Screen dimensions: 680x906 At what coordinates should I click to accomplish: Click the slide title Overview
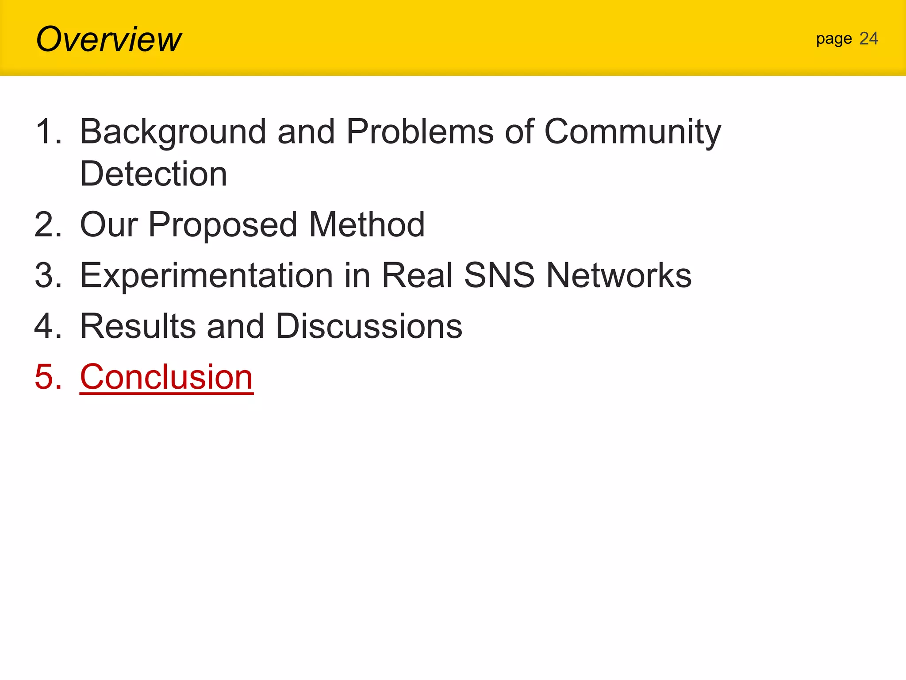point(108,39)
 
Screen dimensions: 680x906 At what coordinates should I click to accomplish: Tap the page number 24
point(868,39)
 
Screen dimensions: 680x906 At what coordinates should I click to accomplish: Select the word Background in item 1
point(173,132)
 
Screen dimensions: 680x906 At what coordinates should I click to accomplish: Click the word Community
point(633,132)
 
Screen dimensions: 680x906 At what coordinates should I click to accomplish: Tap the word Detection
point(153,174)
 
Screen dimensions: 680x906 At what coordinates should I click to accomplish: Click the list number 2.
point(47,224)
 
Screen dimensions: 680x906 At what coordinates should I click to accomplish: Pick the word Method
point(367,224)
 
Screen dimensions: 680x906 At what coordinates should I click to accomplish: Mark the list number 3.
point(47,275)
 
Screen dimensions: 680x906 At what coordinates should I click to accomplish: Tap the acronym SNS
point(499,275)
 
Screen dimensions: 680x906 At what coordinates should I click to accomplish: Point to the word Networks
point(618,275)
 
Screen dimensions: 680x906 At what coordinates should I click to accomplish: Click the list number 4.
point(47,326)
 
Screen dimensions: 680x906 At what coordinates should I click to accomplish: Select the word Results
point(138,326)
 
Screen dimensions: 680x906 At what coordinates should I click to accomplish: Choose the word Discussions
point(369,326)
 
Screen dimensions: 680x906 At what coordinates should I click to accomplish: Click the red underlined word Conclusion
point(166,377)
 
